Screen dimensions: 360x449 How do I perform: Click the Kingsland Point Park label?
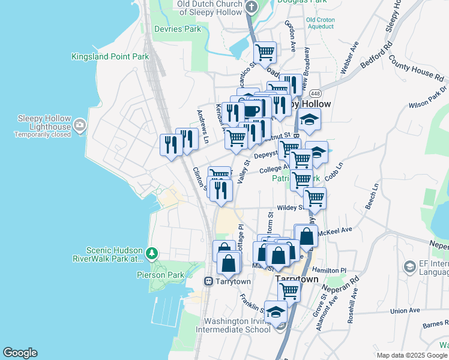coord(110,57)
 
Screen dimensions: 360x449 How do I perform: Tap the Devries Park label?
coord(177,29)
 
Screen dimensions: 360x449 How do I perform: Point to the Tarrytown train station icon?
coord(209,281)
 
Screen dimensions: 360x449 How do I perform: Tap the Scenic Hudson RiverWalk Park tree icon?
coord(153,253)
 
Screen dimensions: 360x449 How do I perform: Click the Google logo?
coord(20,353)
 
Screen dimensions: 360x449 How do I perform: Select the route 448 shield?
coord(315,94)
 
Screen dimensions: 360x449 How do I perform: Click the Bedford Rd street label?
coord(376,55)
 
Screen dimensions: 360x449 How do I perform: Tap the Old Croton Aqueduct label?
coord(320,23)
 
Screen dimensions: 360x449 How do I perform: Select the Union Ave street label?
coord(405,311)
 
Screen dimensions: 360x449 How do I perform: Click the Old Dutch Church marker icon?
coord(252,7)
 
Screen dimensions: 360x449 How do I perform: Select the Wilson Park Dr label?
coord(428,97)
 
